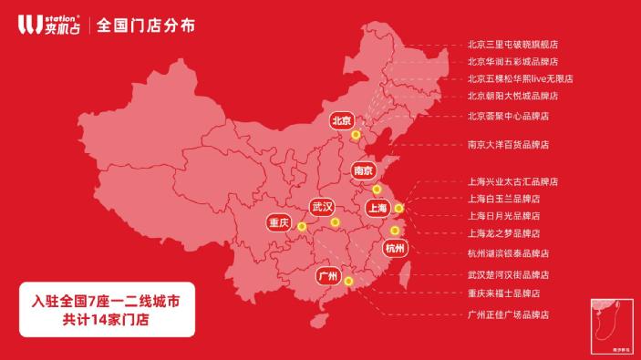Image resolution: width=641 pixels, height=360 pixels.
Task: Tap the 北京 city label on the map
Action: pyautogui.click(x=342, y=120)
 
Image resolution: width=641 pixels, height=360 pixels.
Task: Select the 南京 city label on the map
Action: pyautogui.click(x=363, y=170)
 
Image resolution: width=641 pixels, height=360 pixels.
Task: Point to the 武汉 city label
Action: pyautogui.click(x=322, y=206)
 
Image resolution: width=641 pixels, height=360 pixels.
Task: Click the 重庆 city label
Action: pyautogui.click(x=278, y=222)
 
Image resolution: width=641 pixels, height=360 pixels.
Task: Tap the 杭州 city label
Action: pyautogui.click(x=395, y=248)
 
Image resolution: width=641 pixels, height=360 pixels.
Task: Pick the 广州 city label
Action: pyautogui.click(x=327, y=275)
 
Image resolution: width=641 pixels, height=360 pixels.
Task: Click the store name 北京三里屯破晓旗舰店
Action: pyautogui.click(x=512, y=44)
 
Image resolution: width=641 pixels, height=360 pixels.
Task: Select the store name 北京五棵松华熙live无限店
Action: pyautogui.click(x=520, y=78)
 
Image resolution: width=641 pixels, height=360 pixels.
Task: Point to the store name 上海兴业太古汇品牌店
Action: pyautogui.click(x=512, y=181)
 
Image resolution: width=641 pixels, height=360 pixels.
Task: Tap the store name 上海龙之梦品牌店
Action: pyautogui.click(x=503, y=233)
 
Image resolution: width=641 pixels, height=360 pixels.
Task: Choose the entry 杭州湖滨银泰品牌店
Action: pyautogui.click(x=508, y=253)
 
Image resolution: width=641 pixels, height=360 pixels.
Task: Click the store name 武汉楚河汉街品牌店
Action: pyautogui.click(x=508, y=274)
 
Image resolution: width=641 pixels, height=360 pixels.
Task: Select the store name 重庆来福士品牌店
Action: pyautogui.click(x=503, y=293)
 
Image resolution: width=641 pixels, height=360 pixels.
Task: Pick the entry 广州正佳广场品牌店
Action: pyautogui.click(x=508, y=314)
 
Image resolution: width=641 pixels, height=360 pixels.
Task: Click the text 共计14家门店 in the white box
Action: pyautogui.click(x=106, y=319)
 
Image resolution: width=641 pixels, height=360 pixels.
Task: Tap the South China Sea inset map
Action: pyautogui.click(x=608, y=322)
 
